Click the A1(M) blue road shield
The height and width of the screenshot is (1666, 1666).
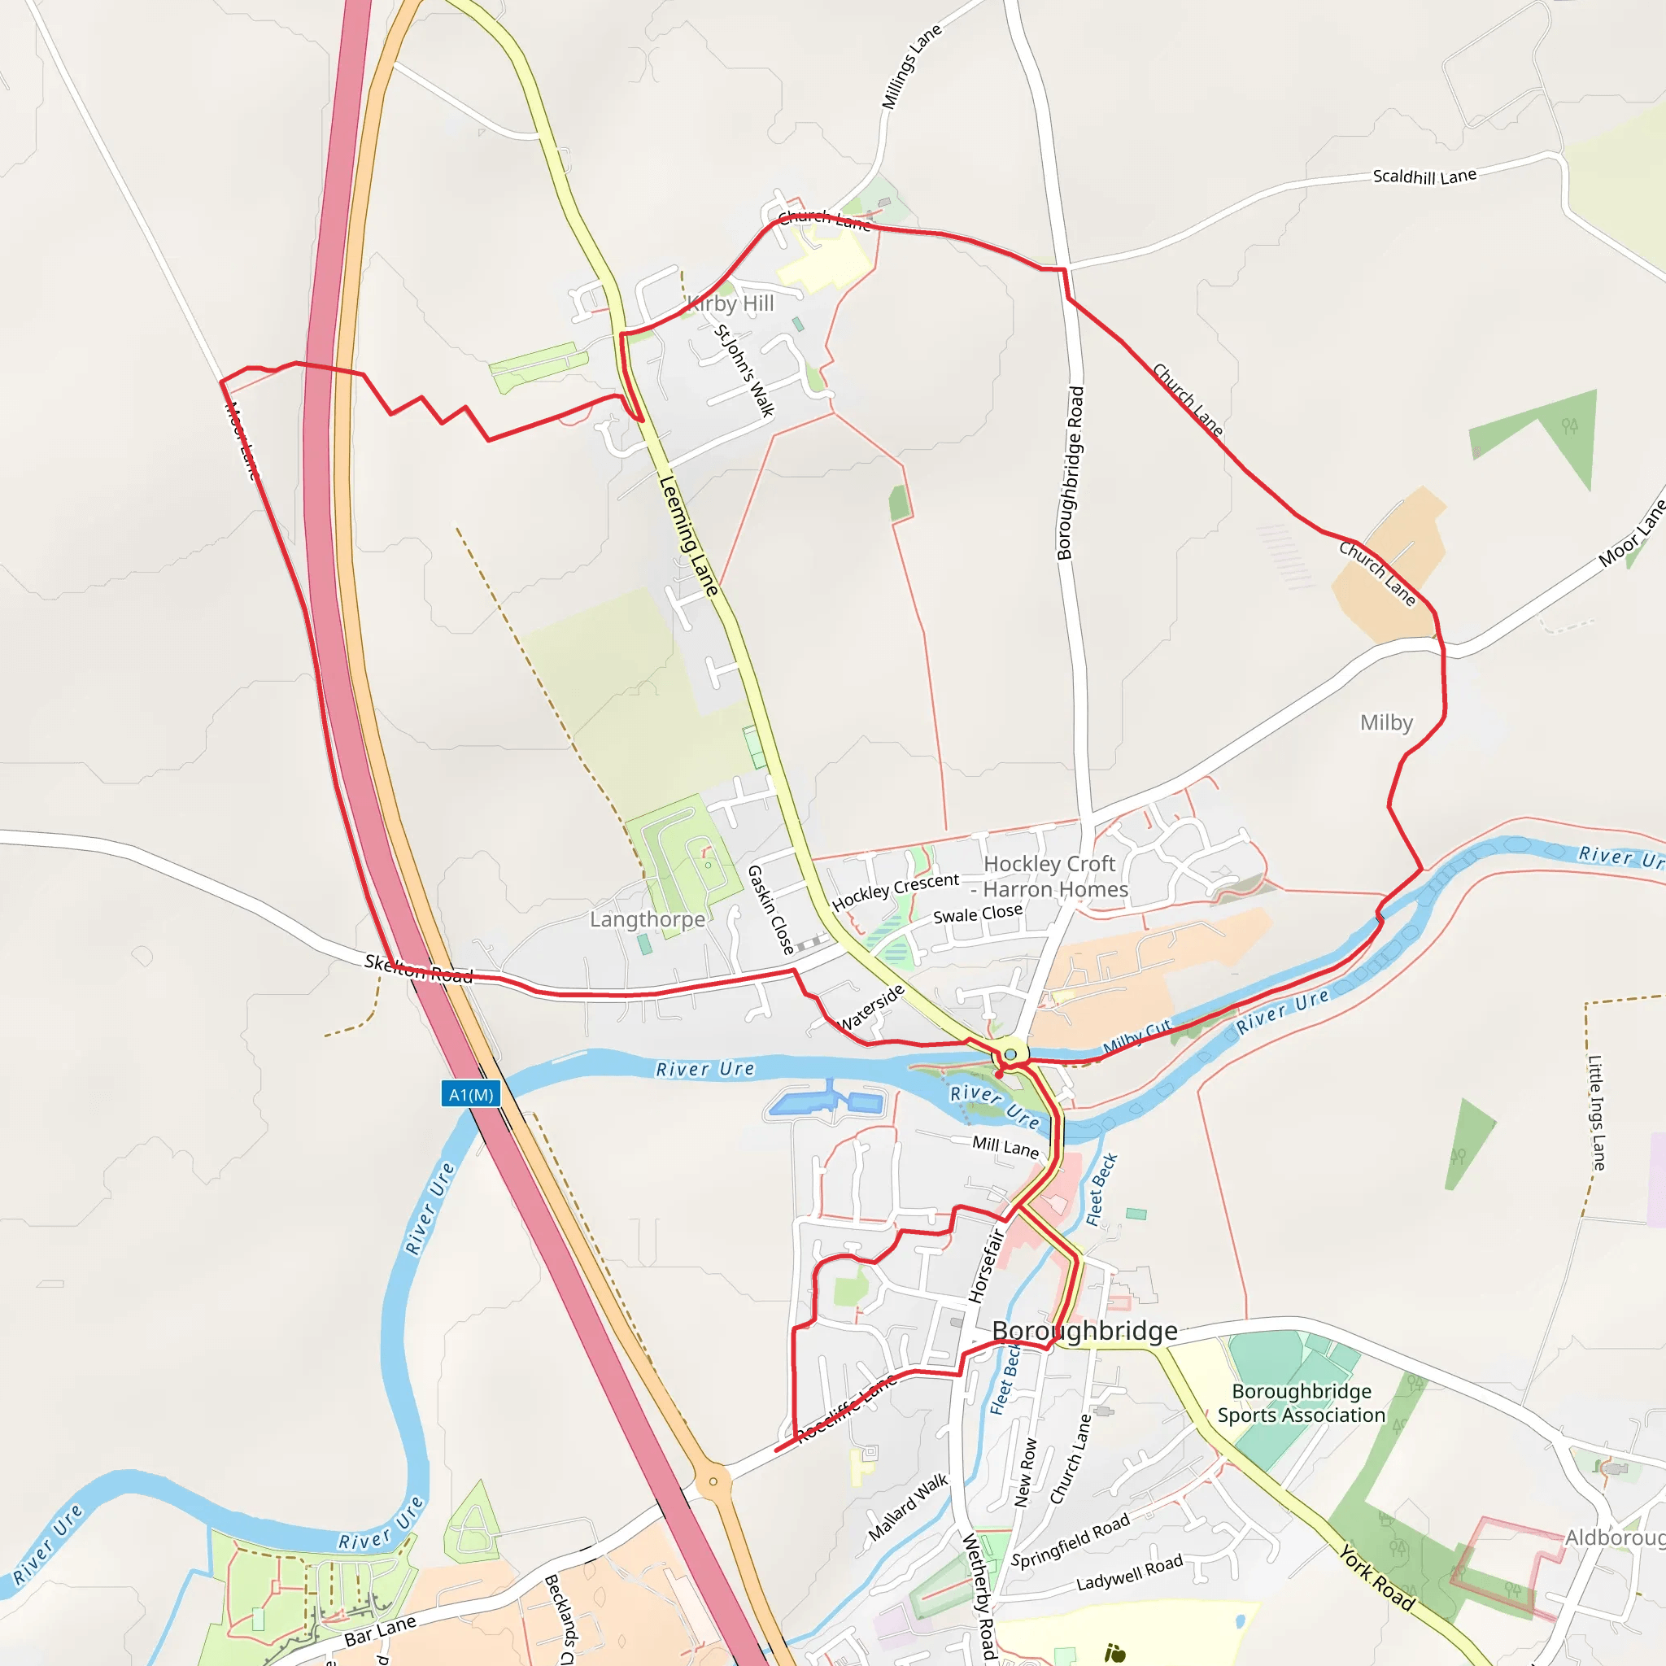[x=471, y=1094]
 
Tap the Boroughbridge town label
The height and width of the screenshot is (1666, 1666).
[x=1085, y=1331]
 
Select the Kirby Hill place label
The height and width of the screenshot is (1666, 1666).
[x=731, y=303]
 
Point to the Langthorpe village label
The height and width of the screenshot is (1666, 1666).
[x=647, y=919]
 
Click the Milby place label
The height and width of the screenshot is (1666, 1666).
[x=1385, y=722]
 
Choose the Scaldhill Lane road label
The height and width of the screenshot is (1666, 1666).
[x=1424, y=177]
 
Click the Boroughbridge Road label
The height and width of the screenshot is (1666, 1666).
[x=1071, y=473]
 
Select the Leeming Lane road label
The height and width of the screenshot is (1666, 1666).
[x=688, y=535]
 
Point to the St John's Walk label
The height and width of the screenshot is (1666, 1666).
[x=744, y=371]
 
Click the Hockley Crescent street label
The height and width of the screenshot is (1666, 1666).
[x=895, y=891]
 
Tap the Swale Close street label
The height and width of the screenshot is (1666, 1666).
[x=978, y=914]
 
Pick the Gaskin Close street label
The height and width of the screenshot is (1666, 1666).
[x=770, y=909]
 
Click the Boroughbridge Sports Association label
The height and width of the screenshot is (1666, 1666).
[x=1302, y=1403]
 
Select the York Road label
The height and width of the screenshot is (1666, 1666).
[x=1377, y=1577]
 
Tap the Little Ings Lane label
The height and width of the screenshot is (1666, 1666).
[x=1597, y=1112]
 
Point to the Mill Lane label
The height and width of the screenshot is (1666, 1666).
[x=1005, y=1147]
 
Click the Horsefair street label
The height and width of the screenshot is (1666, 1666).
[x=987, y=1265]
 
